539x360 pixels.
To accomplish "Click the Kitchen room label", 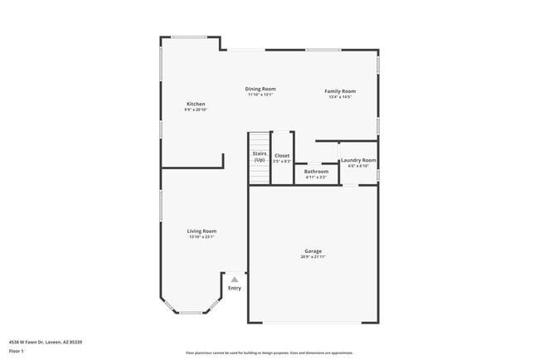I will pyautogui.click(x=196, y=104).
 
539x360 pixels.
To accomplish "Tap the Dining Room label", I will pyautogui.click(x=260, y=89).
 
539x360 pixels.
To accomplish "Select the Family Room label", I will pyautogui.click(x=340, y=90).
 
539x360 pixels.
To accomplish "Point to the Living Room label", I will pyautogui.click(x=202, y=231).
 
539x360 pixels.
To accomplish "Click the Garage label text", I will pyautogui.click(x=313, y=251).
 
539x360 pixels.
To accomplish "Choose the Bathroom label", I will pyautogui.click(x=316, y=171).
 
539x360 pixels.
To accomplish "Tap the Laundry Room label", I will pyautogui.click(x=358, y=160).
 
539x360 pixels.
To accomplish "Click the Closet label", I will pyautogui.click(x=282, y=155).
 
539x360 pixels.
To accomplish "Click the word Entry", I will pyautogui.click(x=235, y=288).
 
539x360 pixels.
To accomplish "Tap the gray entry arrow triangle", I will pyautogui.click(x=235, y=280).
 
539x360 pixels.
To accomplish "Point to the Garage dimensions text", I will pyautogui.click(x=313, y=257).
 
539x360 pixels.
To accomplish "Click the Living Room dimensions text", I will pyautogui.click(x=202, y=237).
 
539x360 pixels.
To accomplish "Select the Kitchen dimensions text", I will pyautogui.click(x=196, y=110).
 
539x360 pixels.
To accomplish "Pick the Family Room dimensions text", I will pyautogui.click(x=340, y=97).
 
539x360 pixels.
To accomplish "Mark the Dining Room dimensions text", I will pyautogui.click(x=260, y=95).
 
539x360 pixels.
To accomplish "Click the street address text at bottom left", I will pyautogui.click(x=46, y=342).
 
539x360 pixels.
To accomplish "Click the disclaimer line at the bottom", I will pyautogui.click(x=269, y=353).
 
